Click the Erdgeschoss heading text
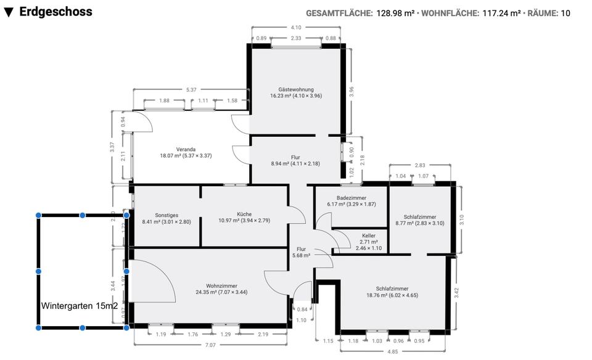pyautogui.click(x=55, y=11)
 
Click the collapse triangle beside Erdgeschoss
pyautogui.click(x=9, y=12)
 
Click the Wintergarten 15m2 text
pyautogui.click(x=80, y=306)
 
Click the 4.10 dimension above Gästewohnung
pyautogui.click(x=296, y=27)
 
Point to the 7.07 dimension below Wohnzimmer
pyautogui.click(x=211, y=345)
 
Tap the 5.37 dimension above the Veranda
pyautogui.click(x=191, y=90)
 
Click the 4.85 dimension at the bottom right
pyautogui.click(x=392, y=352)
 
